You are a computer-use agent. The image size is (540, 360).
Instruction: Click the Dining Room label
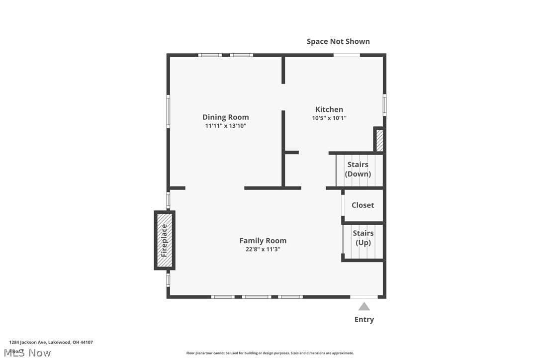[x=225, y=117]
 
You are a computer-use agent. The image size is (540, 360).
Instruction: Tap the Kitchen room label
[x=329, y=109]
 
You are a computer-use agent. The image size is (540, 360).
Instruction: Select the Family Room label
[x=263, y=241]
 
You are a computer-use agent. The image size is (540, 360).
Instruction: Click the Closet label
[x=362, y=205]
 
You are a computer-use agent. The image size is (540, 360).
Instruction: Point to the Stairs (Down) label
[x=358, y=169]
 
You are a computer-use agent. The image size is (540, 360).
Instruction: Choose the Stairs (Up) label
[x=363, y=238]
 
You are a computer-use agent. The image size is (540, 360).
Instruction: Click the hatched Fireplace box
[x=165, y=240]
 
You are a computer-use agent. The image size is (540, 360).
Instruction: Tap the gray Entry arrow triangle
[x=364, y=307]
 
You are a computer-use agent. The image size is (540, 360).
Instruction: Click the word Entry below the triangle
[x=364, y=320]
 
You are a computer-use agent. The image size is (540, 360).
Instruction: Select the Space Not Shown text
[x=338, y=41]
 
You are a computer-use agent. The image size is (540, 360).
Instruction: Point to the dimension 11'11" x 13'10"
[x=225, y=126]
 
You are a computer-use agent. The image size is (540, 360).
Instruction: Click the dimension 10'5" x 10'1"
[x=329, y=118]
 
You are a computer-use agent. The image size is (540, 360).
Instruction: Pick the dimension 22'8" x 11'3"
[x=263, y=249]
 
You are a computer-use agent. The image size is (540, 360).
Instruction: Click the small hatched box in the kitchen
[x=379, y=140]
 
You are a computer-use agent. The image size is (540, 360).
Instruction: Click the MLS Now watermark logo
[x=30, y=353]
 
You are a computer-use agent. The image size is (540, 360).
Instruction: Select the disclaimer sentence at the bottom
[x=270, y=353]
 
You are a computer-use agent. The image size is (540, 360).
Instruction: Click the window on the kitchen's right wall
[x=384, y=105]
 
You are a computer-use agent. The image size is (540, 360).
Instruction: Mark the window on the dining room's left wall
[x=168, y=112]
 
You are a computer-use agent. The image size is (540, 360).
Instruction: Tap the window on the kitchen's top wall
[x=347, y=55]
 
